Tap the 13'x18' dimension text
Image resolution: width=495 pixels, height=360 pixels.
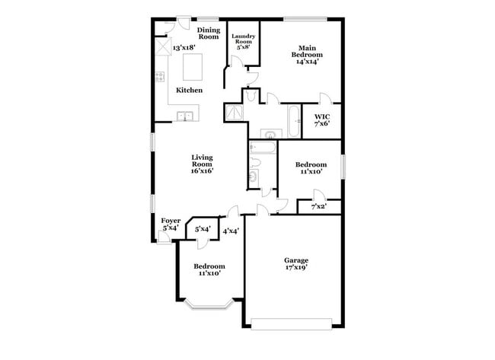185,48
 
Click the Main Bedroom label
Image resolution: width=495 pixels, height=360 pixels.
308,52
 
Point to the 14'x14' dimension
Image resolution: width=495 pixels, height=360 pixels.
308,62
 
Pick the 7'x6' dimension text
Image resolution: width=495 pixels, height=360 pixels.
322,125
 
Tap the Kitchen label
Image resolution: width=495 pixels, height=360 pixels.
189,91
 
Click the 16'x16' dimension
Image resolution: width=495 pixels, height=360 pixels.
201,171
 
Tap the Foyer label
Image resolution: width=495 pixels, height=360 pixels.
171,221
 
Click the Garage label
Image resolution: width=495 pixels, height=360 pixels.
296,260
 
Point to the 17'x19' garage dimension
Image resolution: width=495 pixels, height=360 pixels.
296,269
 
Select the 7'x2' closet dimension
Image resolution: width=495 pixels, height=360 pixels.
319,207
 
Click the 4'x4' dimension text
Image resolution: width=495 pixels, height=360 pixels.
231,231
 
